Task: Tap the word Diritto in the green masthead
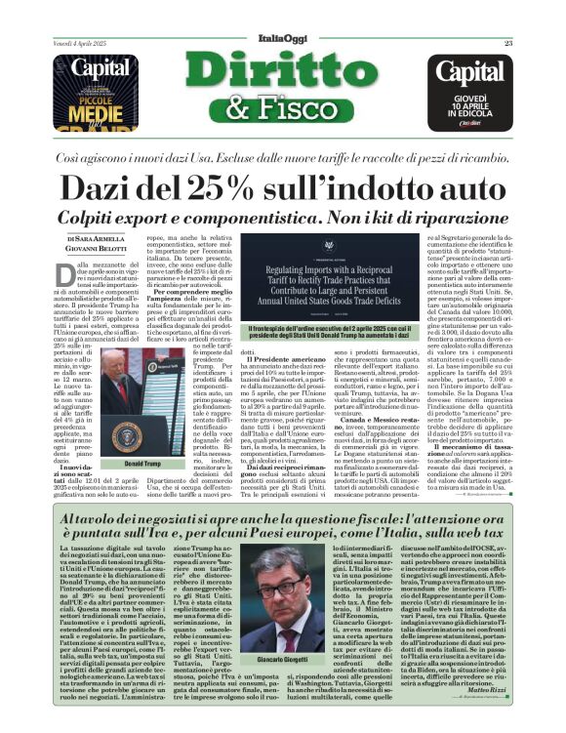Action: coord(283,74)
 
